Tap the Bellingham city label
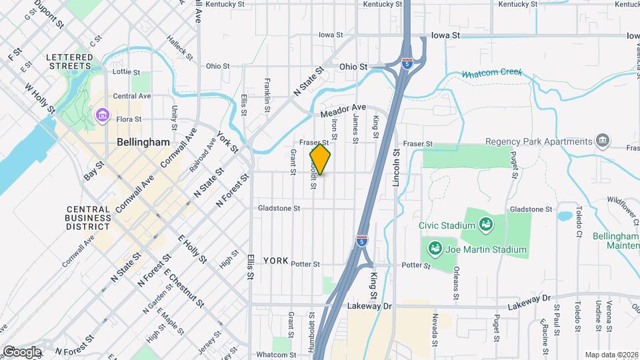pyautogui.click(x=143, y=142)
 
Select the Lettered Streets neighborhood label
pyautogui.click(x=69, y=61)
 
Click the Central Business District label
pyautogui.click(x=88, y=217)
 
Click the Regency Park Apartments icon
pyautogui.click(x=602, y=141)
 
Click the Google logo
pyautogui.click(x=21, y=351)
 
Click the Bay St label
pyautogui.click(x=94, y=171)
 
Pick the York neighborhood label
pyautogui.click(x=275, y=260)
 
